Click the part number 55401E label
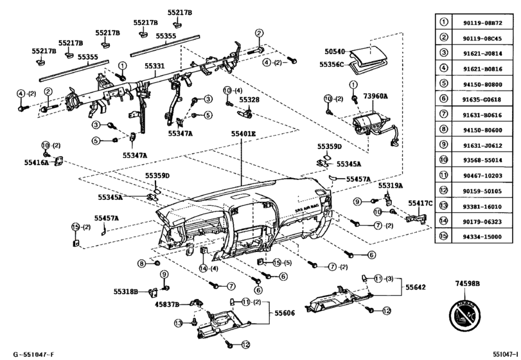(243, 134)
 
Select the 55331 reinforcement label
(154, 66)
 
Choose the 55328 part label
(249, 100)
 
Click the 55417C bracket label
(421, 203)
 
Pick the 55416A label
(37, 164)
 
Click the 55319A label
(391, 186)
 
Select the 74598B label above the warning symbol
(467, 283)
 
